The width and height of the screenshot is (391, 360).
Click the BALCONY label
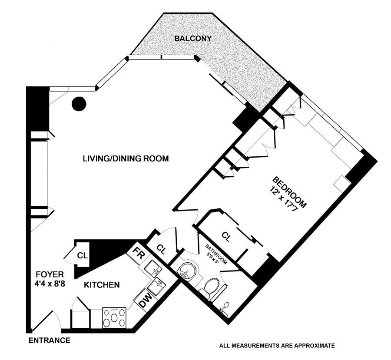click(x=193, y=39)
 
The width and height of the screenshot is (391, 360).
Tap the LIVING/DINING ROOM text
click(x=126, y=159)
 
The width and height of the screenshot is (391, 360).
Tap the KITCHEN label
click(x=102, y=285)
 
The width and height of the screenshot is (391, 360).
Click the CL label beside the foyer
click(x=81, y=255)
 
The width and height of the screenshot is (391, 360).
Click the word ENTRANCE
click(x=50, y=340)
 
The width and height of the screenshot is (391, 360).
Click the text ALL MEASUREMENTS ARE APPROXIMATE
click(x=277, y=346)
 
